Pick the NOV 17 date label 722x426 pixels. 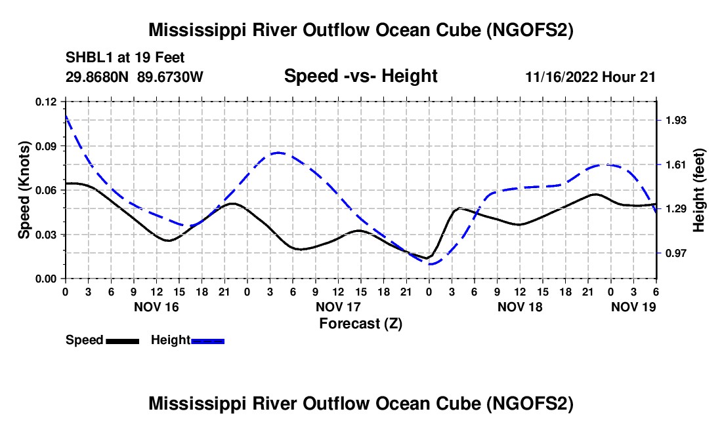[338, 307]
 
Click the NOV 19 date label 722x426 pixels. [633, 307]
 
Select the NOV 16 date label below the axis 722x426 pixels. [156, 307]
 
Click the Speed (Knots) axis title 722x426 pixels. [24, 190]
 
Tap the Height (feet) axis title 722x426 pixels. [698, 190]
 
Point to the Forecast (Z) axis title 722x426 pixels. [360, 323]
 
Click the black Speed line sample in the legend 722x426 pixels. [122, 340]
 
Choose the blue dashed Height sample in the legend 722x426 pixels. [207, 340]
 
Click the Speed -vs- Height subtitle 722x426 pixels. [360, 76]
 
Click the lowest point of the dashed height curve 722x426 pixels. [431, 263]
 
